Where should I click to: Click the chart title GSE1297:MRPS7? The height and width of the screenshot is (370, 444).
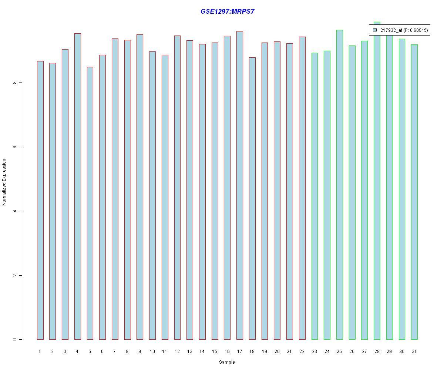pyautogui.click(x=227, y=11)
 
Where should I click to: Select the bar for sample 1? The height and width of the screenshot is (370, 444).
pyautogui.click(x=40, y=200)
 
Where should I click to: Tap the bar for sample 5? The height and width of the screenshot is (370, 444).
pyautogui.click(x=90, y=203)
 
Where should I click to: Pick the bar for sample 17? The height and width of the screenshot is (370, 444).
pyautogui.click(x=240, y=185)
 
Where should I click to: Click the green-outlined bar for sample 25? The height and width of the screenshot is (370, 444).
pyautogui.click(x=340, y=185)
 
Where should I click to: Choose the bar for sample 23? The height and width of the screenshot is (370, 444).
pyautogui.click(x=314, y=196)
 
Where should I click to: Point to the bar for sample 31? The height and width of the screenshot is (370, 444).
pyautogui.click(x=414, y=192)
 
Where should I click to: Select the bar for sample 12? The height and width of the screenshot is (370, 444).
pyautogui.click(x=177, y=187)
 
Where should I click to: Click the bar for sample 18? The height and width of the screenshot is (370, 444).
pyautogui.click(x=252, y=198)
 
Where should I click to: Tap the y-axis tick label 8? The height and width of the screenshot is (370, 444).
pyautogui.click(x=15, y=83)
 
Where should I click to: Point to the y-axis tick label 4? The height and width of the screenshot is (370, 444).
pyautogui.click(x=15, y=211)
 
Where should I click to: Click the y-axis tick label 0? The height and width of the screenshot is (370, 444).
pyautogui.click(x=15, y=340)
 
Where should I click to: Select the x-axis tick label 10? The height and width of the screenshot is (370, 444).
pyautogui.click(x=152, y=351)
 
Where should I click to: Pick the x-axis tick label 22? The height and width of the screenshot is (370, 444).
pyautogui.click(x=302, y=351)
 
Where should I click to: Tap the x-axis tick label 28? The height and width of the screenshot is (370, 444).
pyautogui.click(x=377, y=351)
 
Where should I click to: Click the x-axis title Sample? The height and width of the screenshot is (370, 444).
pyautogui.click(x=227, y=362)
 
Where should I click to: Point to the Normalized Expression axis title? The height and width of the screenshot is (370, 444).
pyautogui.click(x=4, y=182)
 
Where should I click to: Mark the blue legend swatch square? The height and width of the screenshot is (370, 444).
pyautogui.click(x=375, y=30)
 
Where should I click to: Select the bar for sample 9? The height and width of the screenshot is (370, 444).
pyautogui.click(x=140, y=187)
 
